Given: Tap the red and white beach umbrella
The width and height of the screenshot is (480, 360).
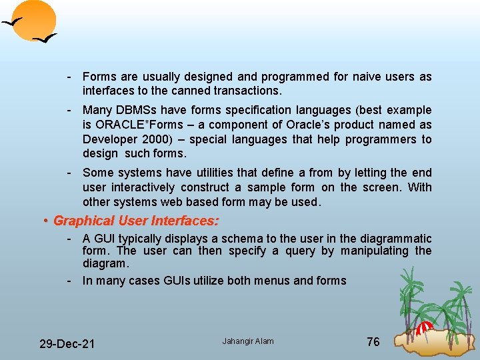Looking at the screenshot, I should [424, 329].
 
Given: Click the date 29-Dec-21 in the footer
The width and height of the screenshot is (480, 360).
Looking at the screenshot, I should [67, 344].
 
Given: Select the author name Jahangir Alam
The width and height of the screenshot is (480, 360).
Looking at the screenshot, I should [248, 341].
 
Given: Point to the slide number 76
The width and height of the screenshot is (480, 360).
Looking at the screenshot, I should [373, 341].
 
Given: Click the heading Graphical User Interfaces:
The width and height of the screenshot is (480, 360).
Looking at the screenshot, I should [136, 220].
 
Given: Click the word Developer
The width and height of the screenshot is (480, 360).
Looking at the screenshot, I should [107, 139].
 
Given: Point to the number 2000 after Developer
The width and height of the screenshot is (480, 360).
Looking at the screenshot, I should [151, 139].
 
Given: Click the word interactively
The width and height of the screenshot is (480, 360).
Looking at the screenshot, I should [141, 187].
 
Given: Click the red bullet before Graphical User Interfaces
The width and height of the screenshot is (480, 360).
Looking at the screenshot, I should [45, 220].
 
